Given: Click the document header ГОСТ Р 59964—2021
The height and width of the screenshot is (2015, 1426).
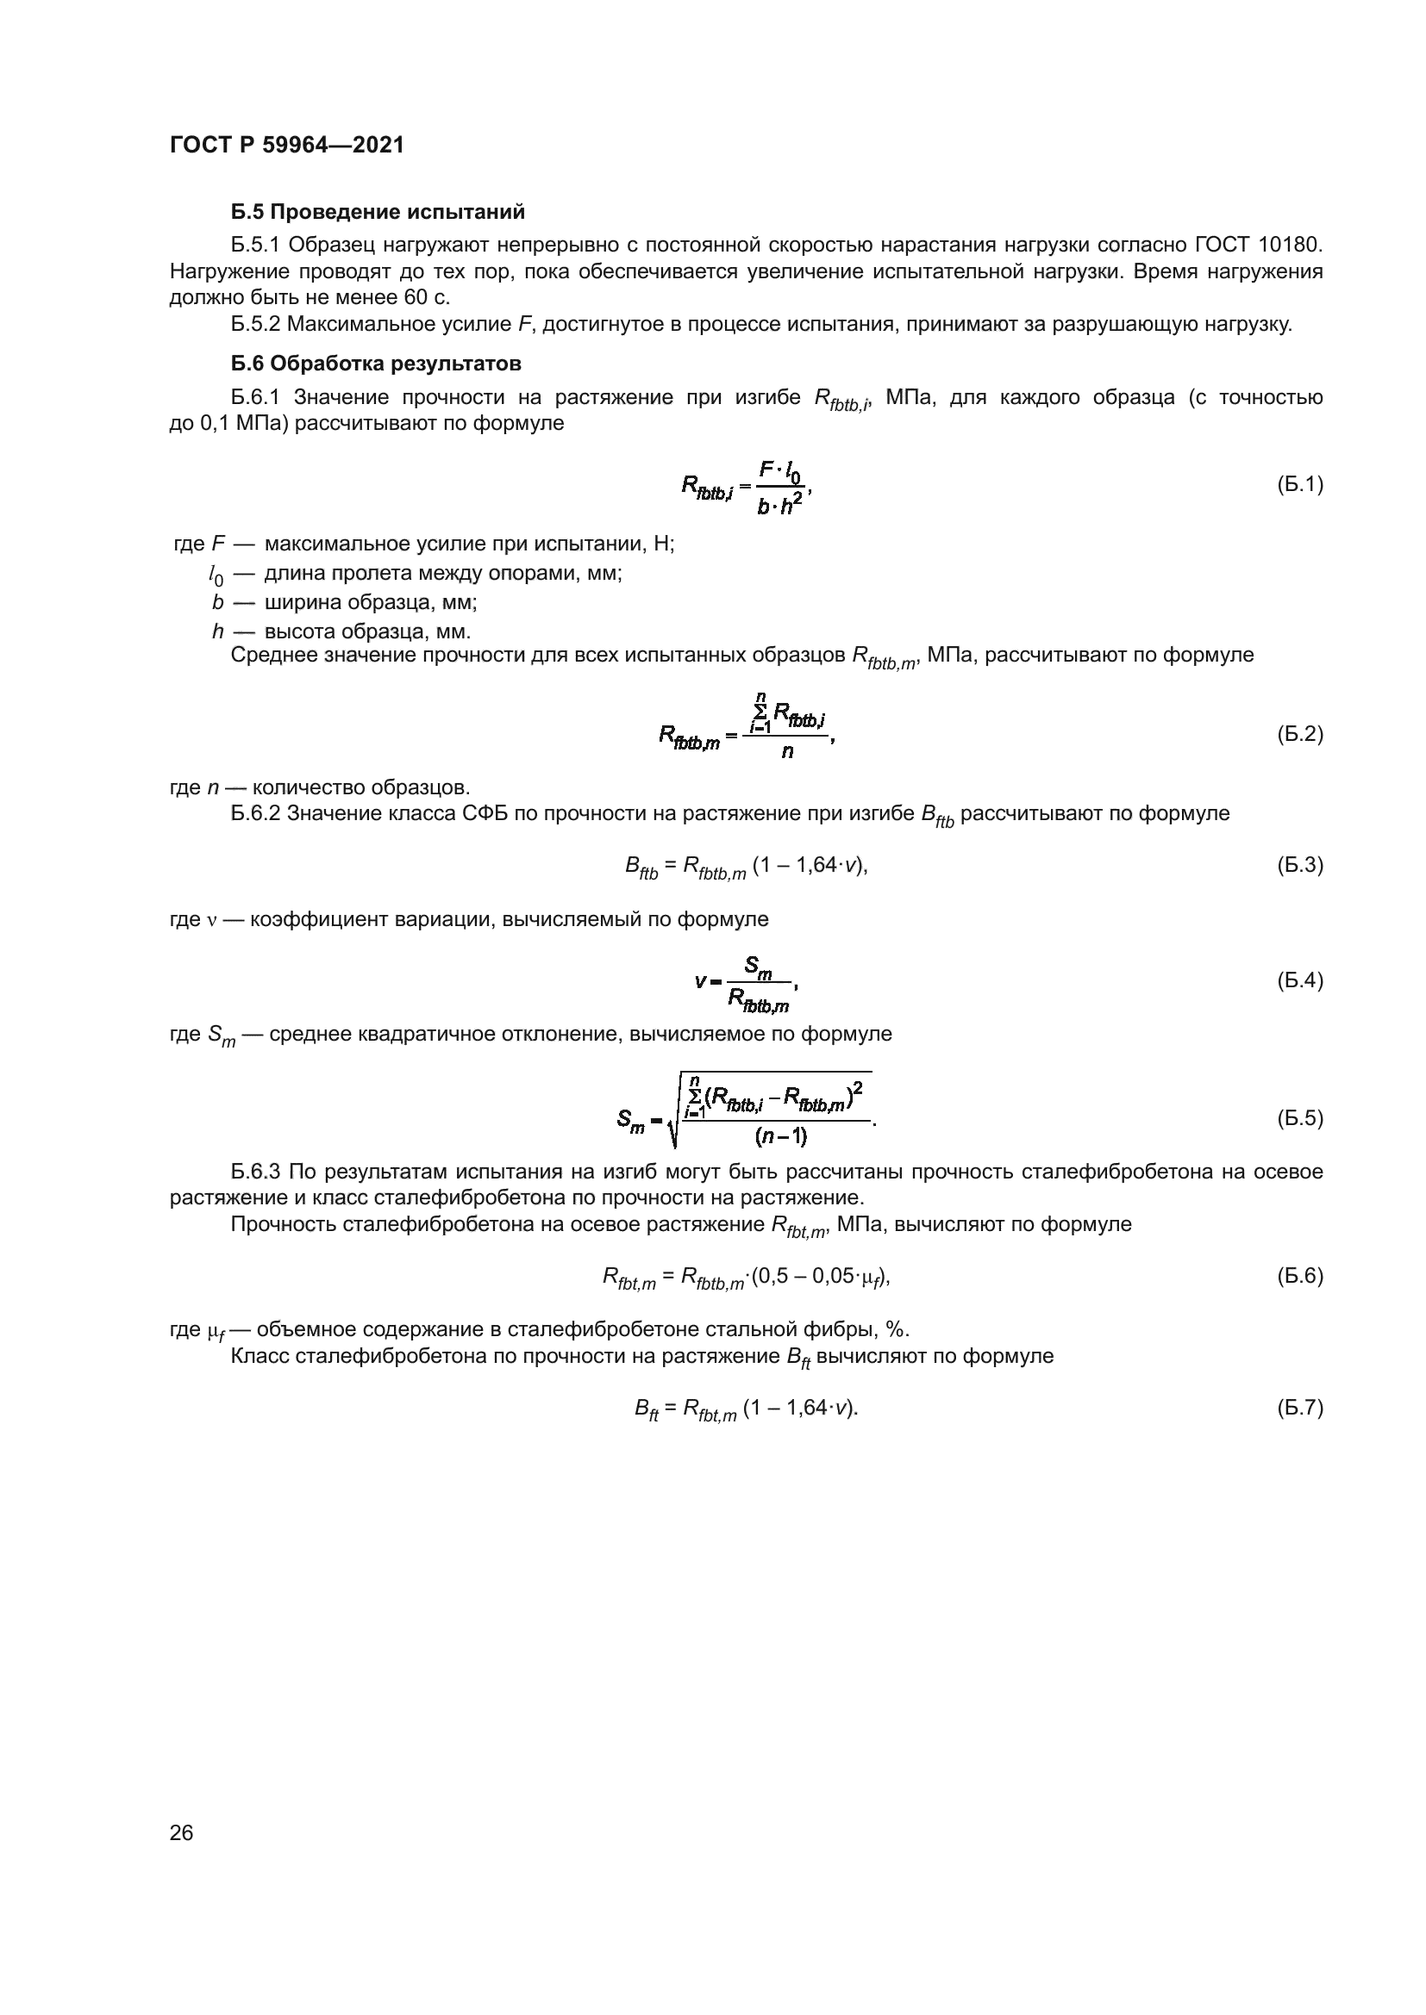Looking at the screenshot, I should [286, 146].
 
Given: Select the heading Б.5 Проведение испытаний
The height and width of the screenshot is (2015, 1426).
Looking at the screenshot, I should [378, 213].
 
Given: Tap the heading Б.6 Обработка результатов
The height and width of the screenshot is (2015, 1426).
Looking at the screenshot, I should [376, 364].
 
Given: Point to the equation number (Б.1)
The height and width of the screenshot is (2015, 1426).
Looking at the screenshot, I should [1299, 484].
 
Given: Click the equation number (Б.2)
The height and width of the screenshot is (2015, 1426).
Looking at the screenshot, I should [1299, 734].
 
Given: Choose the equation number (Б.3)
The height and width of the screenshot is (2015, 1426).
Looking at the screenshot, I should [1299, 865].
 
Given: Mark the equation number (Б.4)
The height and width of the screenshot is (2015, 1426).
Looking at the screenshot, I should [1299, 980].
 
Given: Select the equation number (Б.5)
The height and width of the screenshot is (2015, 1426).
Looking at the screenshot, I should [1299, 1118].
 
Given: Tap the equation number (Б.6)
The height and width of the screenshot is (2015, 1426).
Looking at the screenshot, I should [1299, 1275].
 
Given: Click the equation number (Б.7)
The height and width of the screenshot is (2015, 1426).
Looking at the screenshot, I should [1299, 1407].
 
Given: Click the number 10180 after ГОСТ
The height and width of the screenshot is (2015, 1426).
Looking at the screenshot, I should [1293, 243].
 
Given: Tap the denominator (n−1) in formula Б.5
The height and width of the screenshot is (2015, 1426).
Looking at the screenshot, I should [780, 1136].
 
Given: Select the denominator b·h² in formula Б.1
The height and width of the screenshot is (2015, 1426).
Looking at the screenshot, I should [779, 506].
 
